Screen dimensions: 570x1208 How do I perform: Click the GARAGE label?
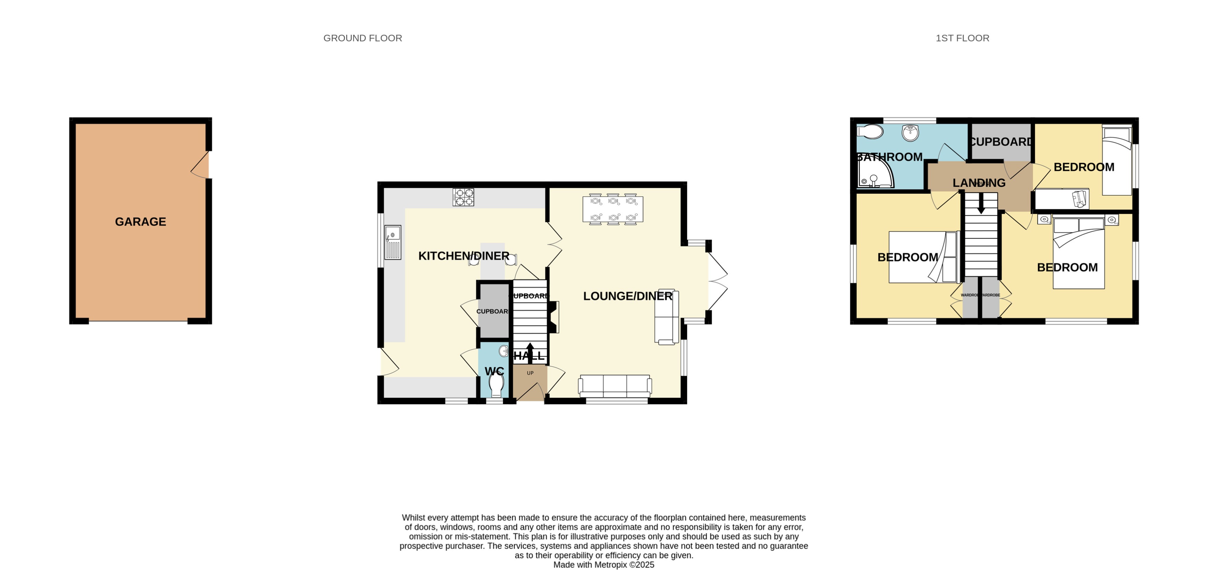click(x=140, y=222)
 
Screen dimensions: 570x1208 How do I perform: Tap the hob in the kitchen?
click(x=463, y=197)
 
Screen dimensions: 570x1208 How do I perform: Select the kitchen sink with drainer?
click(x=392, y=242)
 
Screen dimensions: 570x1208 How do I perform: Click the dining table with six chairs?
click(x=612, y=209)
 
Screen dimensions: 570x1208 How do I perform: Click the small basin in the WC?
click(x=503, y=351)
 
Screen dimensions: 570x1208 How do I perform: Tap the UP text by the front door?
click(x=530, y=373)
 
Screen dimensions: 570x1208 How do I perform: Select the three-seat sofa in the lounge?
click(x=615, y=386)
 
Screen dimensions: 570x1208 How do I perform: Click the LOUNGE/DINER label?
click(x=627, y=296)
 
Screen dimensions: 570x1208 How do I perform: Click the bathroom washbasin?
click(x=910, y=132)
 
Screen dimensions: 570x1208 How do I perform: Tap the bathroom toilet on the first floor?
click(x=870, y=132)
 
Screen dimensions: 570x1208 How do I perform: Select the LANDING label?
click(x=979, y=183)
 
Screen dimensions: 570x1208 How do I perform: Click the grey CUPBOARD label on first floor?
click(x=1001, y=141)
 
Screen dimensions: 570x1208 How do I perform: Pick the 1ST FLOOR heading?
click(x=962, y=38)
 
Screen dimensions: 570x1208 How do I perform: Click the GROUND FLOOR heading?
click(x=362, y=38)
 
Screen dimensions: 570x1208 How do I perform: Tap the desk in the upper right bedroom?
click(x=1061, y=199)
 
